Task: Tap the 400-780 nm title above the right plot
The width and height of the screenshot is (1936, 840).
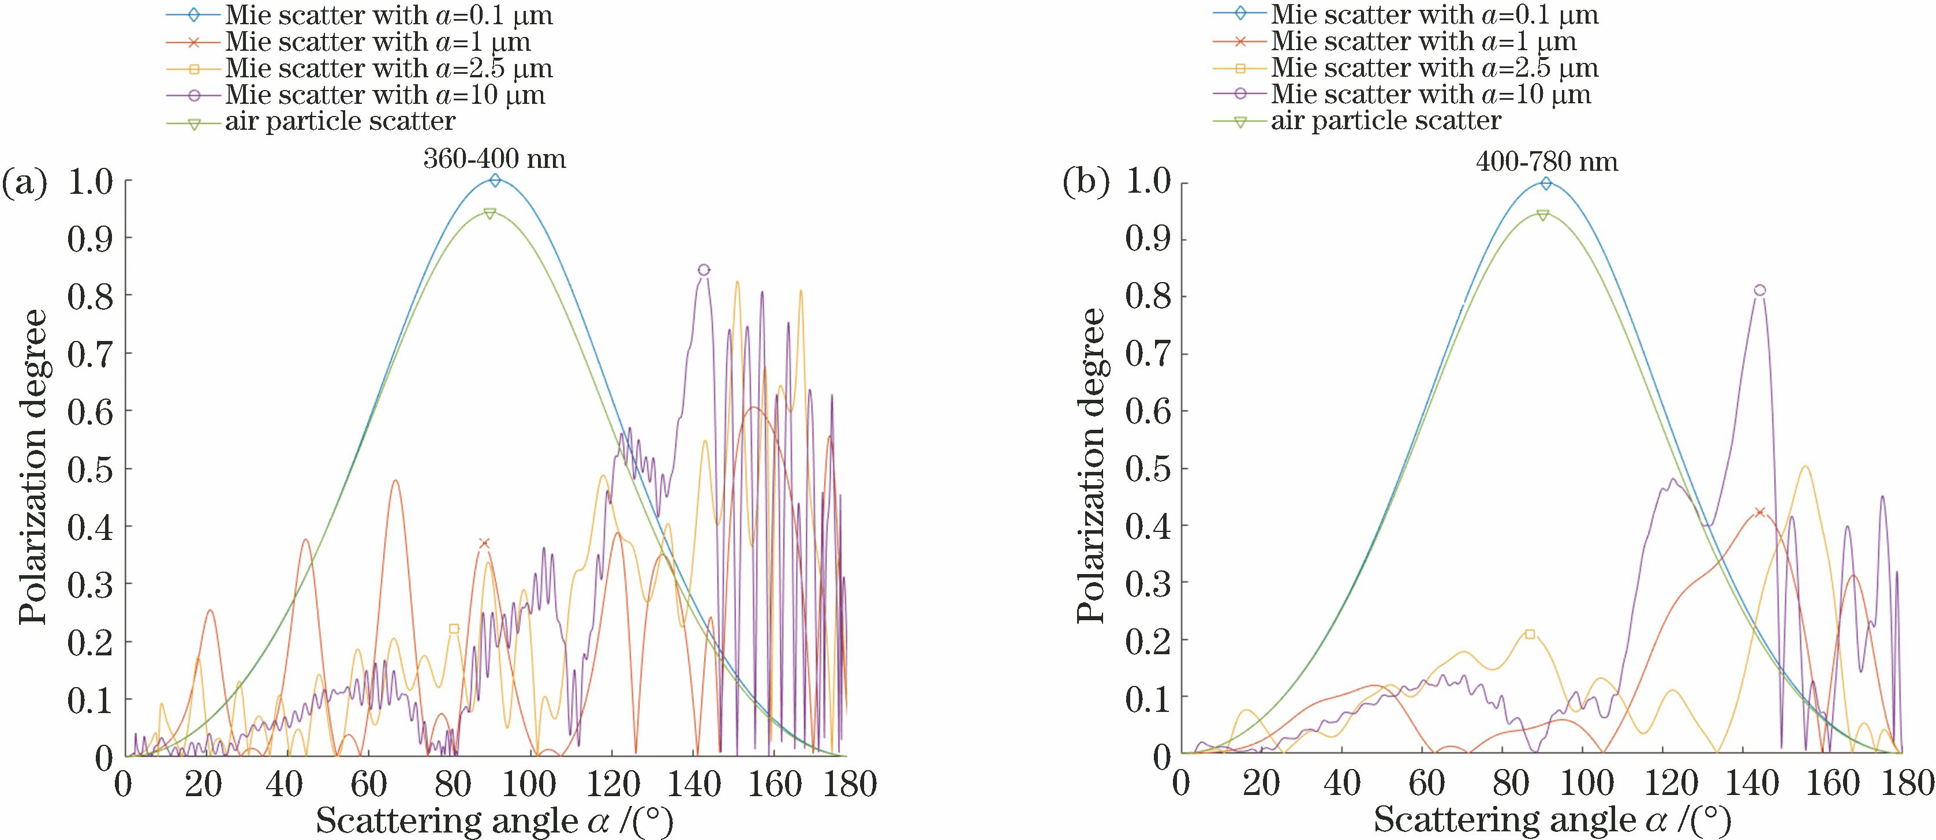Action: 1547,162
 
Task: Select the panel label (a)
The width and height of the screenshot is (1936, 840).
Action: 25,184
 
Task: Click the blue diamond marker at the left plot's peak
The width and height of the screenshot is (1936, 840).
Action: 495,181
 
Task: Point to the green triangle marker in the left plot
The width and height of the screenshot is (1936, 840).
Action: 490,213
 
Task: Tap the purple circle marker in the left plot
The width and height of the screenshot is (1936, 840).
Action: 704,270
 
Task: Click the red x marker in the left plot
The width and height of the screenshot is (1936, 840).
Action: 485,543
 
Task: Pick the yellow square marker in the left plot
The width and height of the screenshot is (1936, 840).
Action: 454,629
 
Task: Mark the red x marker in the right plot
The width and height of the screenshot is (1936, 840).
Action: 1759,512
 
